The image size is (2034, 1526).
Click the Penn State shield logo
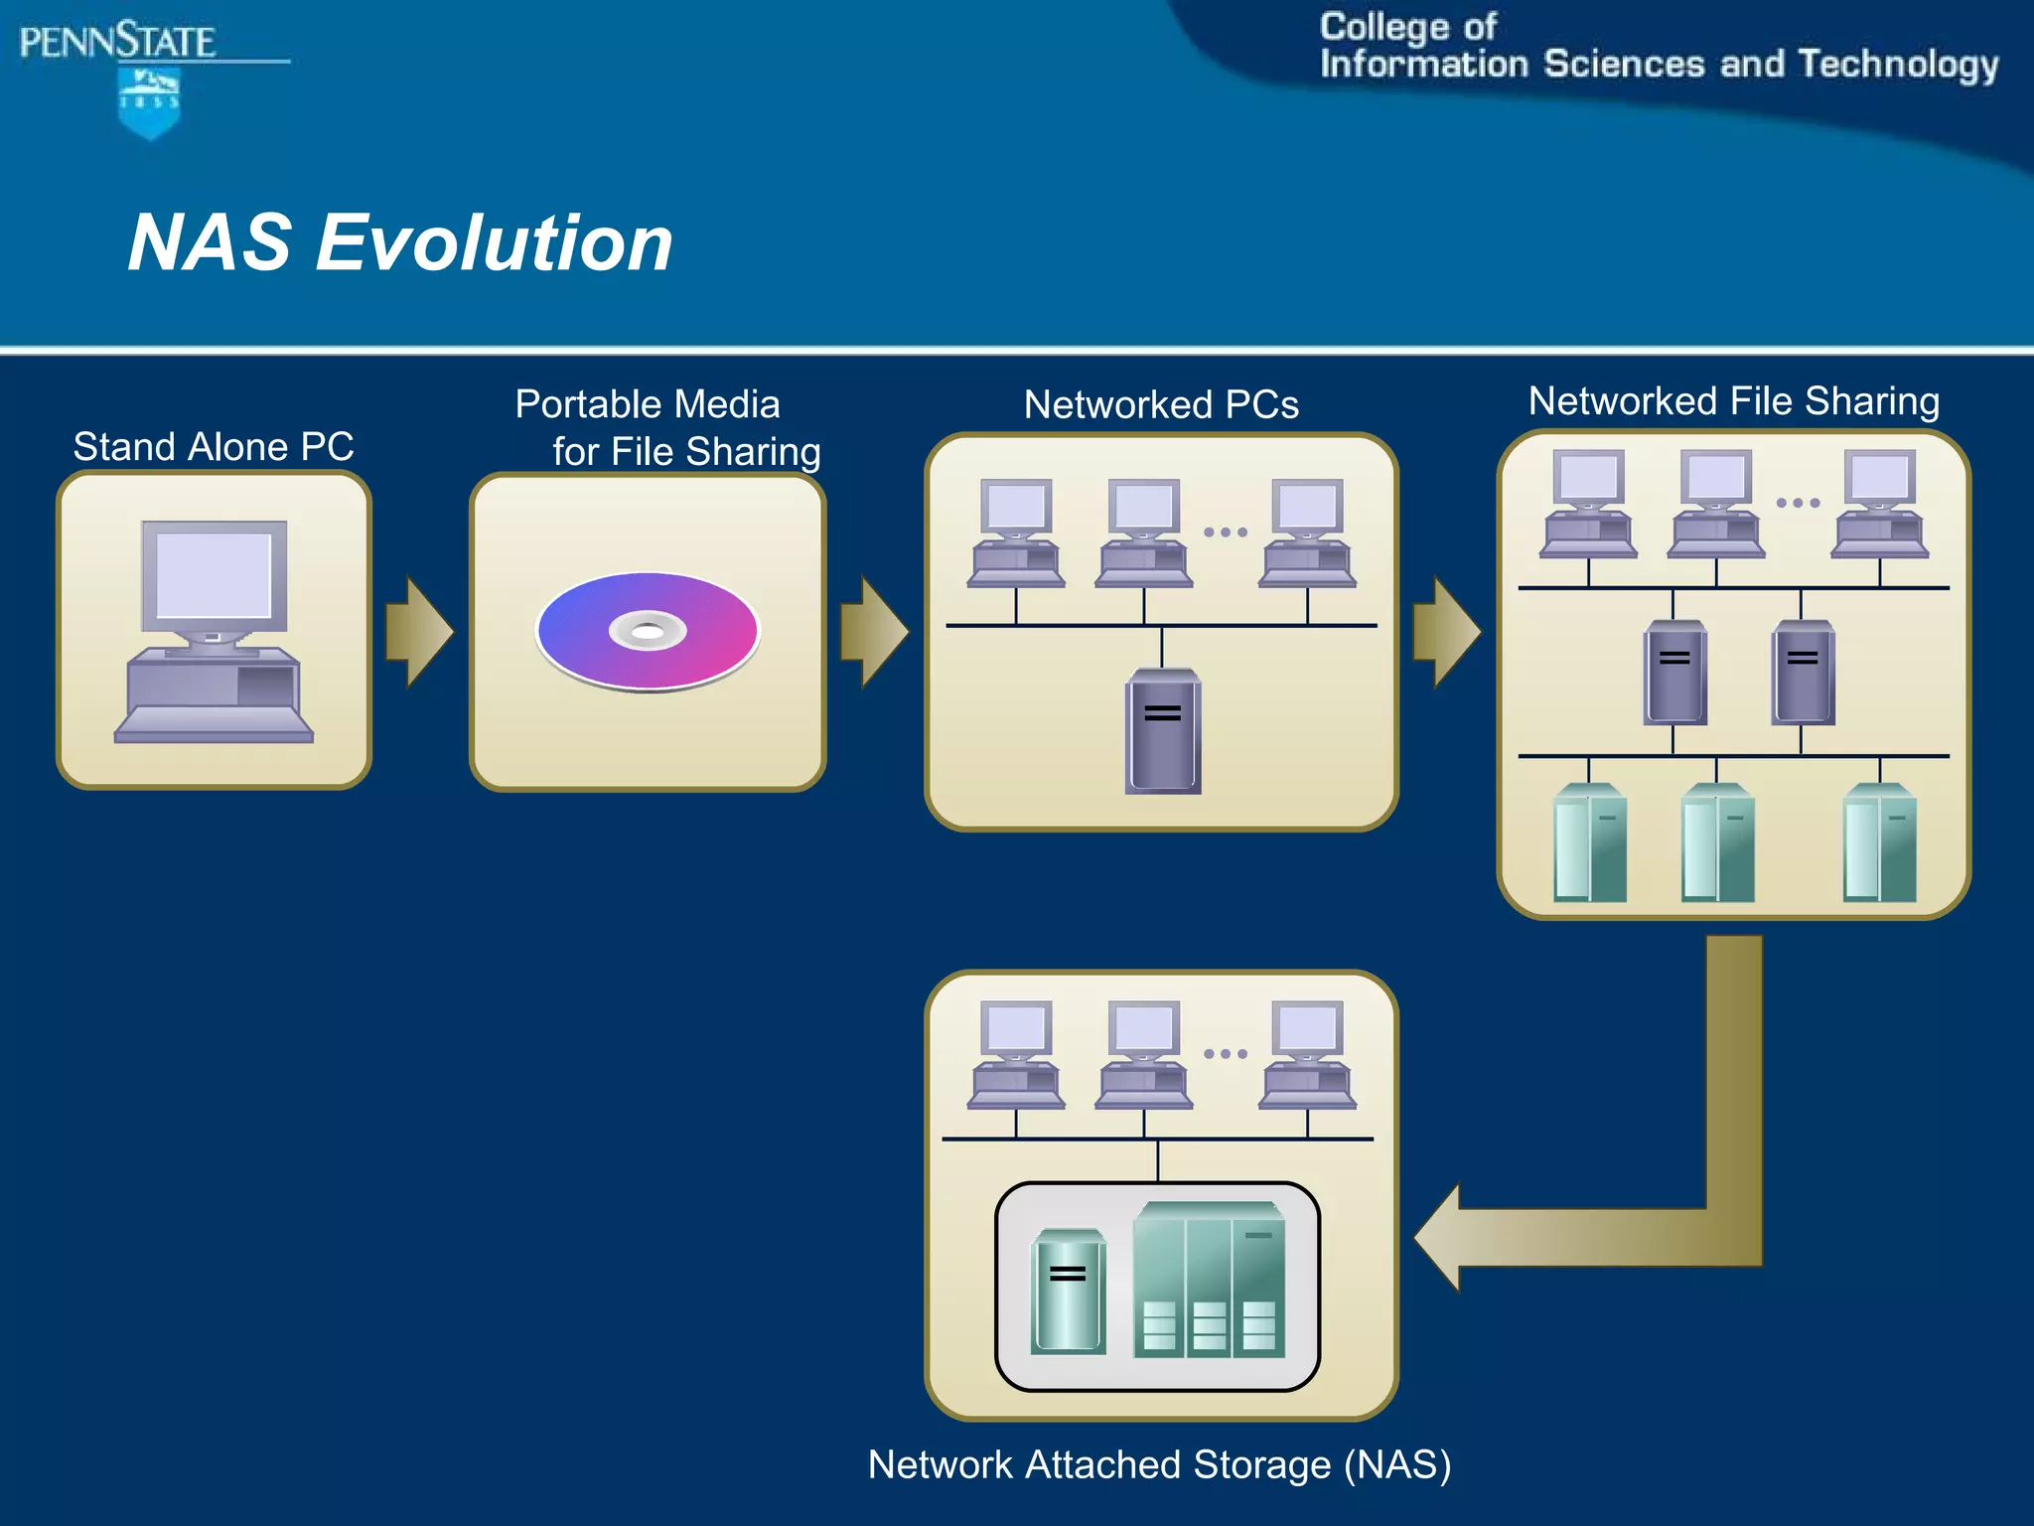click(149, 102)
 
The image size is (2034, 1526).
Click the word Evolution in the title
click(494, 243)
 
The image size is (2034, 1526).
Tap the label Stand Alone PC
click(214, 447)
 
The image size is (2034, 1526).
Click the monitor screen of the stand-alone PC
click(214, 575)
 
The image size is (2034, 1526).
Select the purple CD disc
click(648, 631)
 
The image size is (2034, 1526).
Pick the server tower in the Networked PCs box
click(1162, 732)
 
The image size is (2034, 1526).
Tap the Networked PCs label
click(1161, 405)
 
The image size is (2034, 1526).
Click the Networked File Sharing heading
click(1733, 401)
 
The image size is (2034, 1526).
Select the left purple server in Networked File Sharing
click(1674, 673)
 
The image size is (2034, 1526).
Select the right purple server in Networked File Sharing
click(1803, 673)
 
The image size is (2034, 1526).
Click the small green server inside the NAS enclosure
click(1068, 1292)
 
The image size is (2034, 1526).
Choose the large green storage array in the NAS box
click(1209, 1282)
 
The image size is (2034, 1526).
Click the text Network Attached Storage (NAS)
click(1159, 1465)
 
